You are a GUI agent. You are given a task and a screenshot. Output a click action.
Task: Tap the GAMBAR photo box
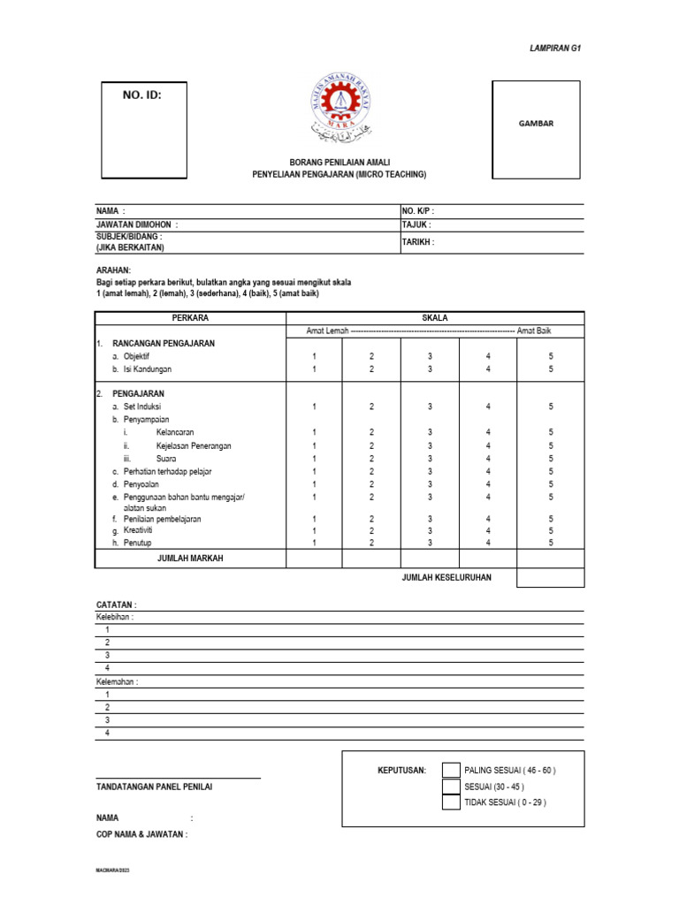point(536,124)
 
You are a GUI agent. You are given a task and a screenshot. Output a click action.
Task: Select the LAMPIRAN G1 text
point(554,49)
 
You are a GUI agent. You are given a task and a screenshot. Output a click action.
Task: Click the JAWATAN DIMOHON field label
point(137,225)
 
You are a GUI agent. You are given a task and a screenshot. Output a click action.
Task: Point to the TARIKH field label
point(418,241)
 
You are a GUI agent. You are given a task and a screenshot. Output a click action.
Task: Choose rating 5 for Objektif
point(551,355)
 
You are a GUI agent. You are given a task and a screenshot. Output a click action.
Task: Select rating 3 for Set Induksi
point(430,407)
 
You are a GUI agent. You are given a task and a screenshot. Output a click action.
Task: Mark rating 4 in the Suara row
point(488,459)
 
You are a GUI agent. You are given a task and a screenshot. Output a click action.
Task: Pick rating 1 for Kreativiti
point(314,530)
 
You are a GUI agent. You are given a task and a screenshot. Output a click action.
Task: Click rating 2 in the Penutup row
point(371,543)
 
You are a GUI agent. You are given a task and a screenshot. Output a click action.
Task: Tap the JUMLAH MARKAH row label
point(189,559)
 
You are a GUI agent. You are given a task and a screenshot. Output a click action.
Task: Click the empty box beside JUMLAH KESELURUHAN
point(550,578)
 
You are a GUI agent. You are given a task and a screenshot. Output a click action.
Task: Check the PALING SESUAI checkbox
point(451,770)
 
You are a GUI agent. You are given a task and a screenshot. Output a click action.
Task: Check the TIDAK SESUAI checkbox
point(451,802)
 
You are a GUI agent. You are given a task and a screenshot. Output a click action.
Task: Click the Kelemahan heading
point(117,681)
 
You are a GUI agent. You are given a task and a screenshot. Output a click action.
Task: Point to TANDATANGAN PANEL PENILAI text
point(154,787)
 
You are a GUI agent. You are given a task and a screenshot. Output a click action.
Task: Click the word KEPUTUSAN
point(401,770)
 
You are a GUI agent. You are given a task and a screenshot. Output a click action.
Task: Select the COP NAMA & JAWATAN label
point(141,834)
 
